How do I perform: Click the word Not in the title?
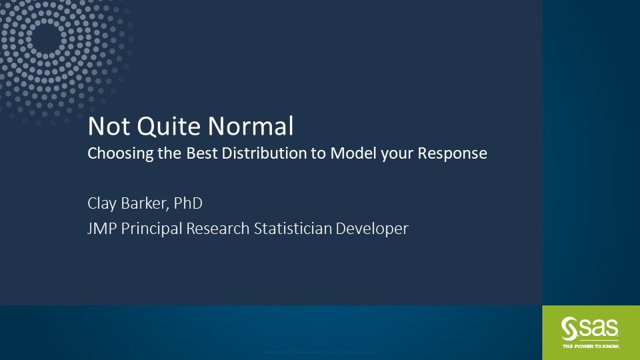click(105, 126)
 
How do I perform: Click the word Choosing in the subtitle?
click(117, 154)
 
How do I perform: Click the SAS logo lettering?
click(598, 328)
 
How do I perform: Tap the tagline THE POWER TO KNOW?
click(591, 346)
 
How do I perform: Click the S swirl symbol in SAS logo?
click(570, 328)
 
